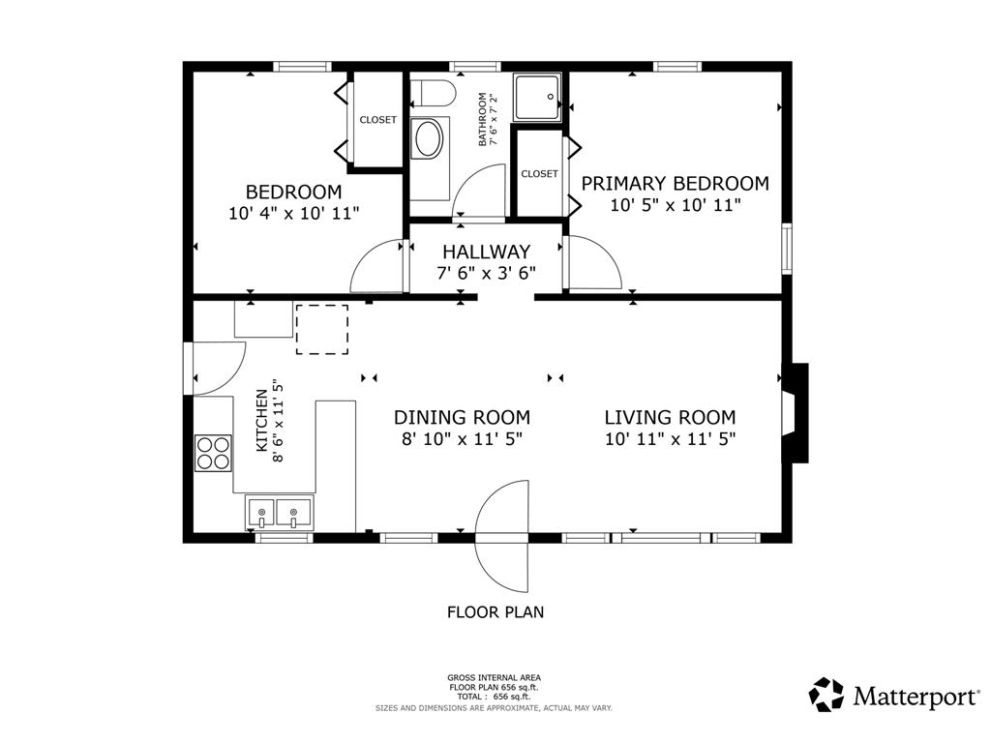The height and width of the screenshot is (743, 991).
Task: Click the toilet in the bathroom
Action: tap(433, 94)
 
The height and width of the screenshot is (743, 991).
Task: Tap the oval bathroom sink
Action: tap(428, 139)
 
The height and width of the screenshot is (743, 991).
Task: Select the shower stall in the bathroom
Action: tap(536, 98)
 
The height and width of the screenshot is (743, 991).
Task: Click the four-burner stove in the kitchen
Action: tap(213, 453)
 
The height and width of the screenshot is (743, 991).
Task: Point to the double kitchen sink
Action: tap(279, 513)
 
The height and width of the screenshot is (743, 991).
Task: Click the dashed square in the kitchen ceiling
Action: tap(322, 329)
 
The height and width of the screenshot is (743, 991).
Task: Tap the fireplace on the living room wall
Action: tap(796, 413)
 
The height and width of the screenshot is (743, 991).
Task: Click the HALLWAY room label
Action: tap(486, 252)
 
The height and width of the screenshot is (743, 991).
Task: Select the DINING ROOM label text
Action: tap(462, 417)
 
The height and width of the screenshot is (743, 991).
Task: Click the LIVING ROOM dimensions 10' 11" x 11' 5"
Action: tap(671, 438)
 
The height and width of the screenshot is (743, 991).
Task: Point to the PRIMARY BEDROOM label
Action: tap(675, 183)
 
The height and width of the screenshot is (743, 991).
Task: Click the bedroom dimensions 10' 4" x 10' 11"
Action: tap(294, 213)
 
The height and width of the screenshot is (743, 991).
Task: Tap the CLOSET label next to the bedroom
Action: tap(378, 119)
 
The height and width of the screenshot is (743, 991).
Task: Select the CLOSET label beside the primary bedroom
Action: tap(539, 174)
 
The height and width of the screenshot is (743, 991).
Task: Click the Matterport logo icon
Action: tap(826, 695)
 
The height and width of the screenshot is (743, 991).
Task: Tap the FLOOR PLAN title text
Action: tap(495, 611)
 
